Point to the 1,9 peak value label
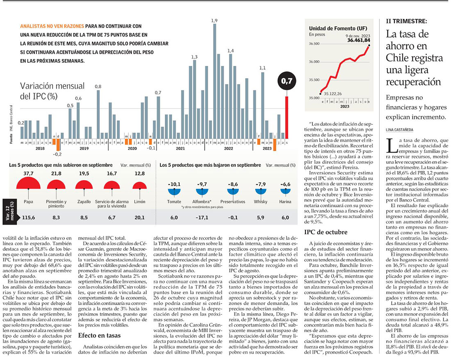coord(214,20)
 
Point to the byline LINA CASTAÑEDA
coord(400,129)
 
